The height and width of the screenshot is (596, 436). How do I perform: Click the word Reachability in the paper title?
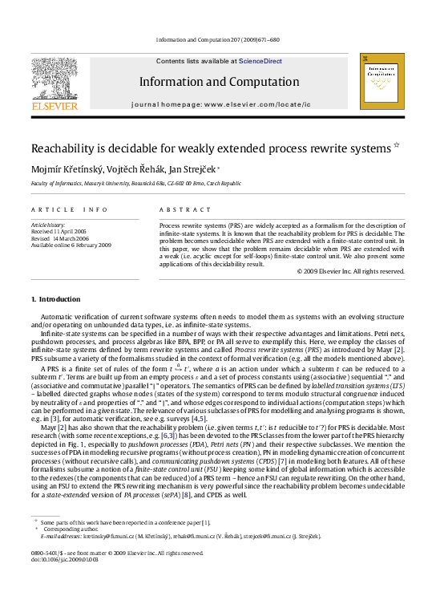pyautogui.click(x=65, y=148)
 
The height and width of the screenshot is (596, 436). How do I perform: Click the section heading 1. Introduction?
pyautogui.click(x=54, y=298)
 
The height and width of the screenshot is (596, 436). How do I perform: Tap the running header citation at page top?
pyautogui.click(x=218, y=39)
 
